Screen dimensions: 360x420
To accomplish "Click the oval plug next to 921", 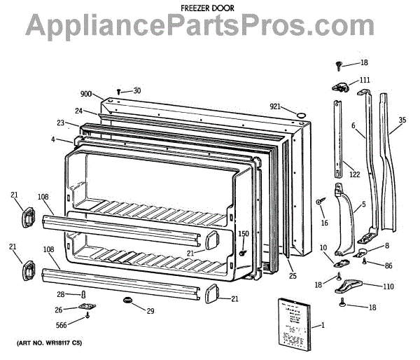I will click(300, 113).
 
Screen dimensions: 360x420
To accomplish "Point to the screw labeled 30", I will click(119, 91).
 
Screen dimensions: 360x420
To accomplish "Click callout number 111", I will click(365, 80).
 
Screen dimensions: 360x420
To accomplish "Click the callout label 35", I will click(402, 120).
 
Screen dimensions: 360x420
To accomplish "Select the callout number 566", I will click(62, 324).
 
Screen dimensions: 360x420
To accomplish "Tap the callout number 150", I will click(244, 234).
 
